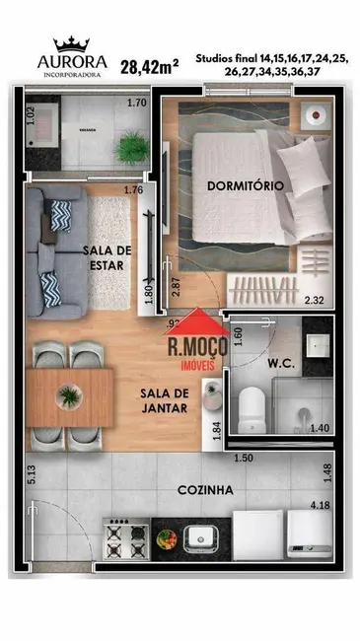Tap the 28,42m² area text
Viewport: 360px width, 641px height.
pos(149,67)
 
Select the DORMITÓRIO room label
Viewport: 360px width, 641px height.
pos(246,185)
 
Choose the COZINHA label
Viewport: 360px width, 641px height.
pos(205,490)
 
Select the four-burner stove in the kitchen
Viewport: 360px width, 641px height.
pos(126,537)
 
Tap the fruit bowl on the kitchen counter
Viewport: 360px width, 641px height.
pos(168,538)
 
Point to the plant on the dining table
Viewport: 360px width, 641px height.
pos(68,396)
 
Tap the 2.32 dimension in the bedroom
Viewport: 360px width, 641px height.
pos(315,301)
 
